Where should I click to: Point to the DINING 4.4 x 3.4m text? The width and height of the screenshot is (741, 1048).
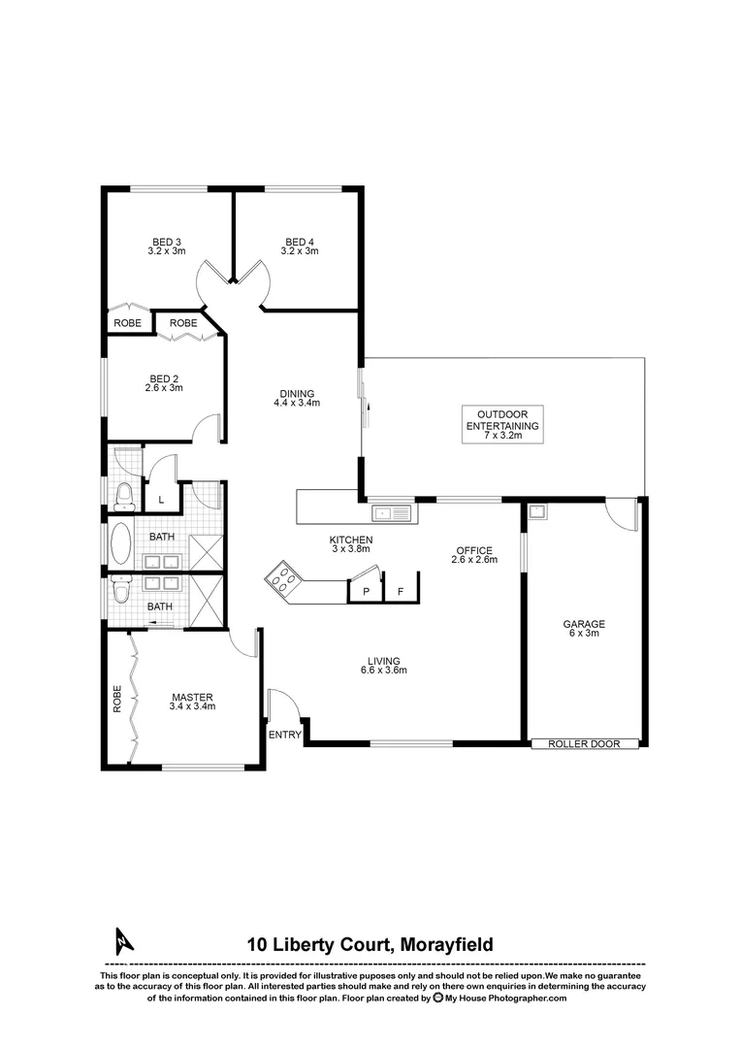tap(297, 398)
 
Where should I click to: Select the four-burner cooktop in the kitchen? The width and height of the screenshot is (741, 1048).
tap(283, 579)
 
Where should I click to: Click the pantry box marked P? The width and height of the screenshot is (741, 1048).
tap(366, 590)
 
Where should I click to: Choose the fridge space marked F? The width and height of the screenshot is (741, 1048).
tap(400, 590)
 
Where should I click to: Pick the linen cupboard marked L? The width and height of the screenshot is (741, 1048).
tap(161, 499)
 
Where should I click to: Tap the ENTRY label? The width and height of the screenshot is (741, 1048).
tap(285, 735)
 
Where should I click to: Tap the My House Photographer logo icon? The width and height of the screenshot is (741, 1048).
tap(438, 997)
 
